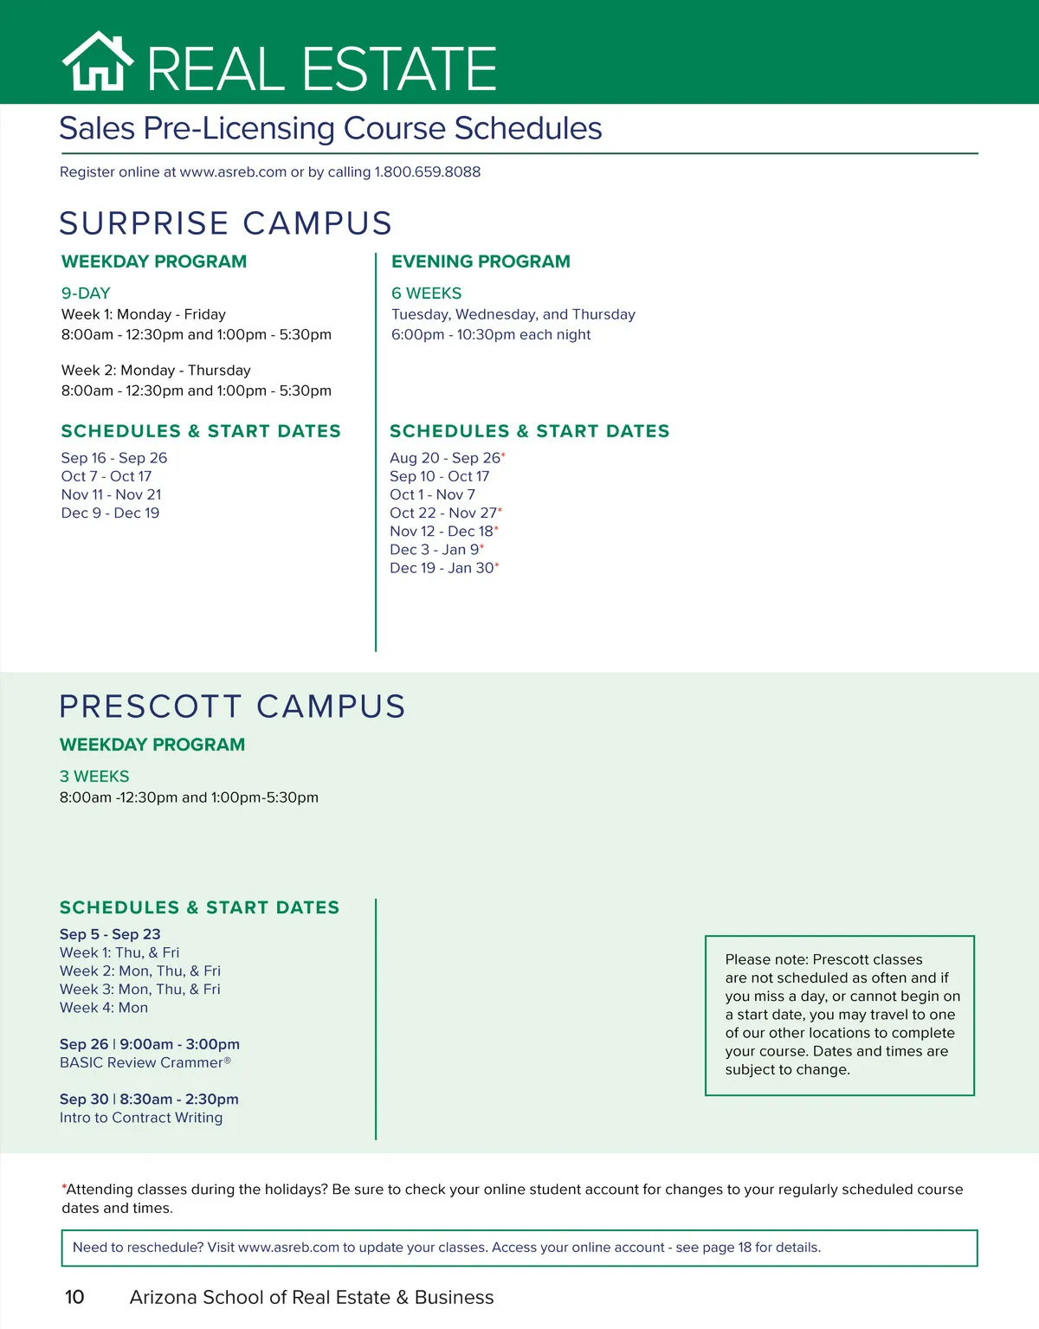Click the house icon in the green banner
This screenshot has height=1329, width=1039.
pos(97,62)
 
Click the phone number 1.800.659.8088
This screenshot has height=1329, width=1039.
pos(427,172)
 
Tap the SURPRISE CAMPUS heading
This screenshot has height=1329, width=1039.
pos(225,223)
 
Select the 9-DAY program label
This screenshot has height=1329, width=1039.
pos(86,294)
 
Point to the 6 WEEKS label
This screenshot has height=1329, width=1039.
pos(426,294)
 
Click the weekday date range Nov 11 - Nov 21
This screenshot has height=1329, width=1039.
pos(111,494)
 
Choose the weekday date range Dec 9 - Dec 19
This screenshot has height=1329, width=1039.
pos(110,513)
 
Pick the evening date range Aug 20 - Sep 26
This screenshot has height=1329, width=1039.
pos(445,458)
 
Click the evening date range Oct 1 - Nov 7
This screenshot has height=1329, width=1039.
pos(432,494)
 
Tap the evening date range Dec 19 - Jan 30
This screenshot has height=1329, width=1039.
pos(442,568)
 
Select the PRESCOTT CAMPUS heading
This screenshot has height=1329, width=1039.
pos(232,706)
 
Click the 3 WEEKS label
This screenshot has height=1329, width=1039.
pos(94,777)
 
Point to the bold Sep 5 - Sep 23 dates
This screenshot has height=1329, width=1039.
pos(110,934)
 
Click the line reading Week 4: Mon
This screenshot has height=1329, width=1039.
pos(104,1008)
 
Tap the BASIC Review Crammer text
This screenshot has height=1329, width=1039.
pos(142,1062)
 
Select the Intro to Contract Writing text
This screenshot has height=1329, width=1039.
pos(141,1118)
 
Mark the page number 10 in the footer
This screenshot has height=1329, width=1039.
pos(74,1297)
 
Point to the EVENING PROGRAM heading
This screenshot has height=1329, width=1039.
pos(481,261)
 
